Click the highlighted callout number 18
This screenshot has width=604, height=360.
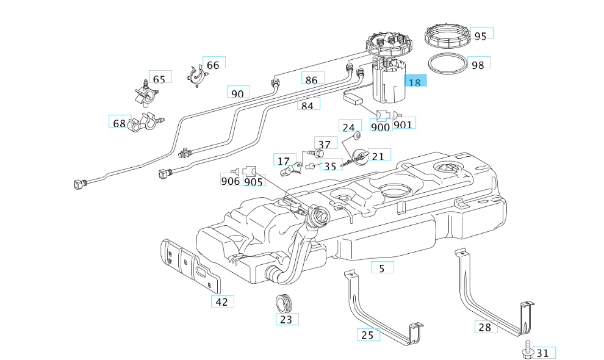coord(415,82)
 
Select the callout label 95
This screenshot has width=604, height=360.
coord(480,35)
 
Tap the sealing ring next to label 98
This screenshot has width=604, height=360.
coord(447,63)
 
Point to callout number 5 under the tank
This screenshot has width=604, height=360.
coord(382,267)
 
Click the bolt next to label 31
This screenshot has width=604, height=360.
coord(525,350)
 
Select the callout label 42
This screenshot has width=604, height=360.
coord(222,301)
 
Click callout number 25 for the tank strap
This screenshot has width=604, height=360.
coord(368,334)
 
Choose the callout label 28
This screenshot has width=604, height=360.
coord(485,327)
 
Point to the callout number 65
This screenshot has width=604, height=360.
coord(159,79)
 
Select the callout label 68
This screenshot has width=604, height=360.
coord(118,123)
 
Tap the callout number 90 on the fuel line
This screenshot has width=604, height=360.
coord(238,93)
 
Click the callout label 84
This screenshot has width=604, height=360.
coord(308,105)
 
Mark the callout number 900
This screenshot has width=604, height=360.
coord(381,127)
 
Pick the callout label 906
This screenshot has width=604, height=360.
coord(231,181)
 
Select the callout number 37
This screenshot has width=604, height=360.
coord(325,144)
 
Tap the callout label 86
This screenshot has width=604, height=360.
coord(312,79)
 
